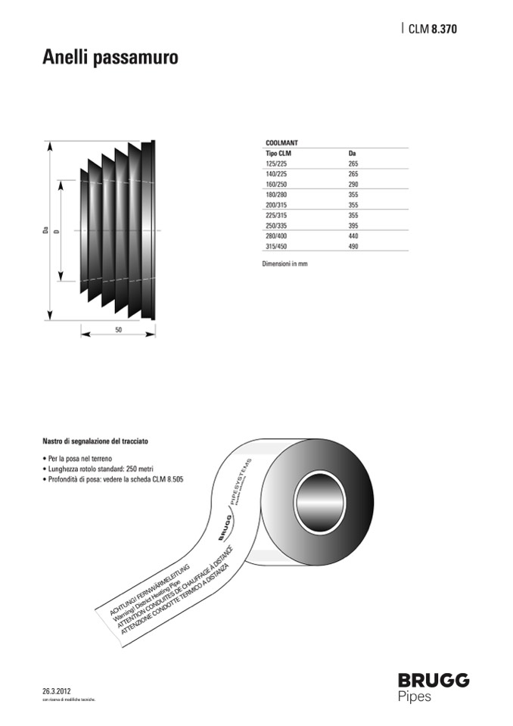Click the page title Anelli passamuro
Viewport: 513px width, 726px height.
click(110, 58)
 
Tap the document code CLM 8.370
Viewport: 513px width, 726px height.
click(432, 30)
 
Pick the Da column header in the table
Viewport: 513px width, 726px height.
click(352, 153)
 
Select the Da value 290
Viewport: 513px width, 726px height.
click(353, 184)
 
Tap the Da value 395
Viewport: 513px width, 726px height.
click(353, 226)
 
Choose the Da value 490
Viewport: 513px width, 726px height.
click(353, 246)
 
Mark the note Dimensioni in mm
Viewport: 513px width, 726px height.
click(284, 264)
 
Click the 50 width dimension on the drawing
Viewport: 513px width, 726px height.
click(119, 330)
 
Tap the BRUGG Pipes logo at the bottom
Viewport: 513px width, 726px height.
click(434, 686)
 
